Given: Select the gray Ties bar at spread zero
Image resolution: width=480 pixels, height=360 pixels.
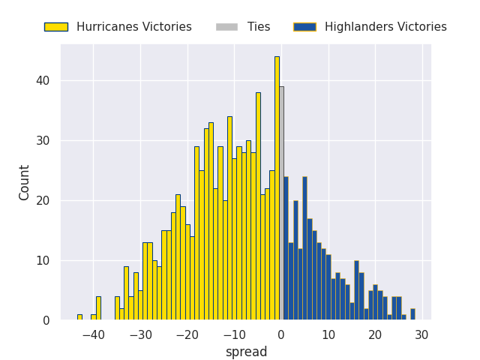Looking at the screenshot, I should (x=281, y=202).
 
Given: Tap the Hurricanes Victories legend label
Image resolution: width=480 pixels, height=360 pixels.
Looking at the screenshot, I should (x=133, y=27).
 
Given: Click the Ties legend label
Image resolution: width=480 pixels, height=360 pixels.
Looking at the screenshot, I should (x=259, y=27).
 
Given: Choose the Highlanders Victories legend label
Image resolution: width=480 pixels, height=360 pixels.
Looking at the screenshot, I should (x=385, y=27).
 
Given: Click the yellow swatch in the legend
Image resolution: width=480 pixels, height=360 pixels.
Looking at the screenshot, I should (x=55, y=27).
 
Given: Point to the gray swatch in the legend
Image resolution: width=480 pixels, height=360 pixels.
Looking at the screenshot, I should (x=226, y=27).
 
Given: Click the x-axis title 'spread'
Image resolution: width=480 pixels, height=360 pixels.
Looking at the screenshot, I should (x=246, y=352).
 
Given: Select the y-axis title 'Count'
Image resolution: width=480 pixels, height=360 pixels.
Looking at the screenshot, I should (x=25, y=182).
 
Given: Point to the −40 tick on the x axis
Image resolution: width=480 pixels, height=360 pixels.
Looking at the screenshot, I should (x=93, y=334).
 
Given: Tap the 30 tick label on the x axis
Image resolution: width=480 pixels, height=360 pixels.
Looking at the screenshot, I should (x=422, y=334).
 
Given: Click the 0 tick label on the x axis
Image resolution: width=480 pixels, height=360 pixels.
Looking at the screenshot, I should (x=281, y=334).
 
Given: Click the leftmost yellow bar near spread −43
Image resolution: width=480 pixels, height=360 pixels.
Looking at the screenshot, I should (x=79, y=317).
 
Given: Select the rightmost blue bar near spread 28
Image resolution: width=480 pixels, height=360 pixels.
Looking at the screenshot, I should (x=412, y=314).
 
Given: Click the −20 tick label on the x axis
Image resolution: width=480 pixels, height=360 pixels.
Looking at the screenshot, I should (x=187, y=334).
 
